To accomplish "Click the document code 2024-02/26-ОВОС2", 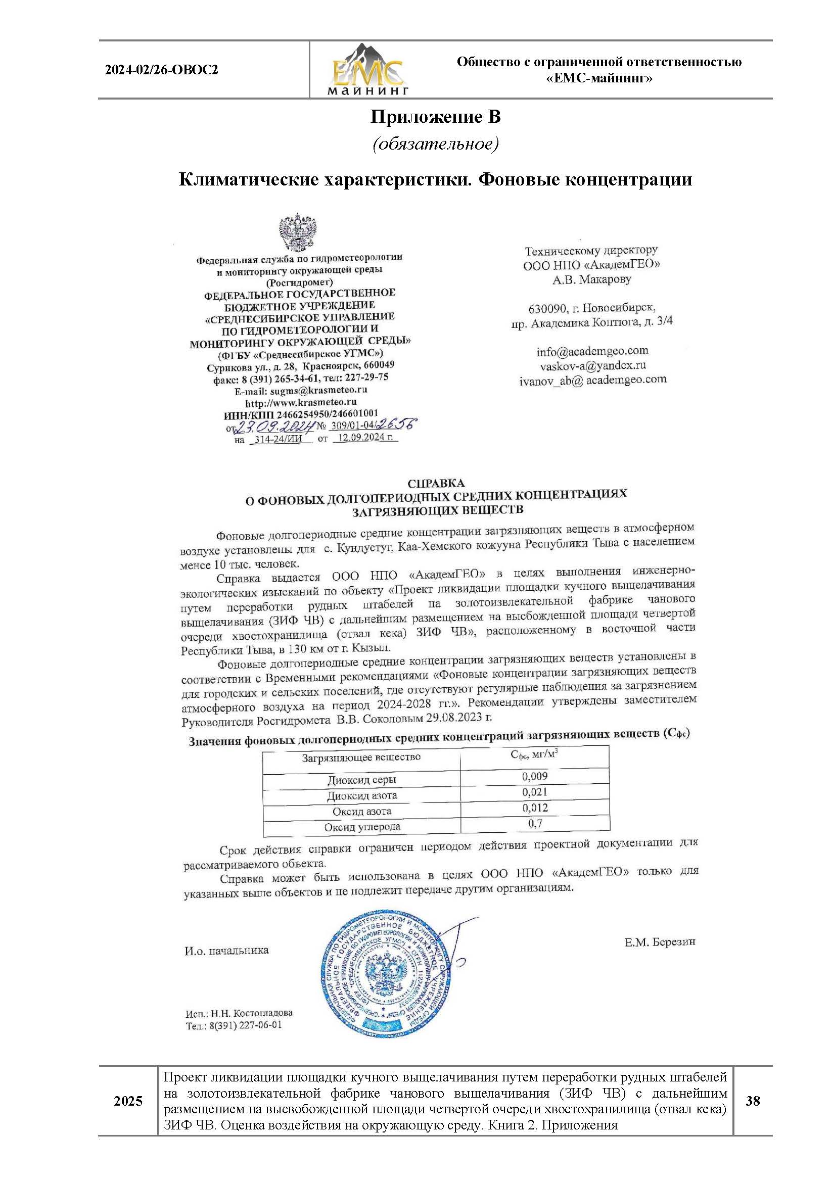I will pyautogui.click(x=162, y=70).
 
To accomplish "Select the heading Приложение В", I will pyautogui.click(x=435, y=117).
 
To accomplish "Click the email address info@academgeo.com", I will pyautogui.click(x=592, y=351).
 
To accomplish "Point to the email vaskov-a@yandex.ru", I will pyautogui.click(x=592, y=365).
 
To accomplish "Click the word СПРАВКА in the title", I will pyautogui.click(x=436, y=483).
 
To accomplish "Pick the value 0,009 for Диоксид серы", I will pyautogui.click(x=534, y=776).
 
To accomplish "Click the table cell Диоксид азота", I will pyautogui.click(x=362, y=795).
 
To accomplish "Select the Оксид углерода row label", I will pyautogui.click(x=362, y=827).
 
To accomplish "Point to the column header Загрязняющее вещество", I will pyautogui.click(x=361, y=758).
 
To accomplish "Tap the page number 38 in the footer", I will pyautogui.click(x=752, y=1101).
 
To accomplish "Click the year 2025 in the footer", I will pyautogui.click(x=128, y=1101).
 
